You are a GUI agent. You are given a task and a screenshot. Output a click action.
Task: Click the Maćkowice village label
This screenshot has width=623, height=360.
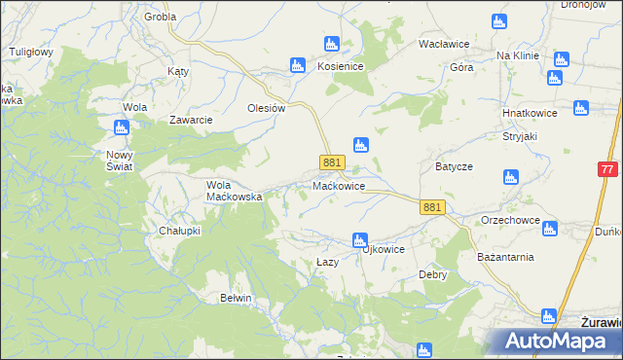[x=339, y=185]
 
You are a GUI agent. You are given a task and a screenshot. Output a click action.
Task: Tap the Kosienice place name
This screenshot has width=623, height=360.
[x=341, y=65]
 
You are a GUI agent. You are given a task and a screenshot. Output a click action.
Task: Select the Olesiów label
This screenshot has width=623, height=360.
[x=266, y=108]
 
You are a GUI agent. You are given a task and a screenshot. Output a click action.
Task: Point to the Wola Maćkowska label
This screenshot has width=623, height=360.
[x=235, y=190]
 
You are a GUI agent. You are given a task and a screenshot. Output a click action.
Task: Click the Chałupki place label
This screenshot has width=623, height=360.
[x=179, y=231]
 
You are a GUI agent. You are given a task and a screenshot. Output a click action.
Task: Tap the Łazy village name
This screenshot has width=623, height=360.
[x=328, y=263]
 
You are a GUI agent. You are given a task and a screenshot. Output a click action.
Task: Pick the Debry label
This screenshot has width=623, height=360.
[x=432, y=274]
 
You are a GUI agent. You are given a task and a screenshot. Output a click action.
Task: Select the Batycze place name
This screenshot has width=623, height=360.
[x=454, y=166]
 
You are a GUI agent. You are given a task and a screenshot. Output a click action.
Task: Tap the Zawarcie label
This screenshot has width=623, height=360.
[x=191, y=120]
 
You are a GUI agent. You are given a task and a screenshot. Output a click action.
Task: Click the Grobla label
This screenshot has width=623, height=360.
[x=160, y=17]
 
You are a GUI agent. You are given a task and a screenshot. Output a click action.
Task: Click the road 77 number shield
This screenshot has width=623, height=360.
[x=607, y=168]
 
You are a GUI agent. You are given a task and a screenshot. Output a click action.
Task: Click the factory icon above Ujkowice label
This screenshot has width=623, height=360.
[x=359, y=239]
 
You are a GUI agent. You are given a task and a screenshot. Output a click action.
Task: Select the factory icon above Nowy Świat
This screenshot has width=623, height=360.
[x=122, y=127]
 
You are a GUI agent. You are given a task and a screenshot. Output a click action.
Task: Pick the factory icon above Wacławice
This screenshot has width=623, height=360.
[x=499, y=21]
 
